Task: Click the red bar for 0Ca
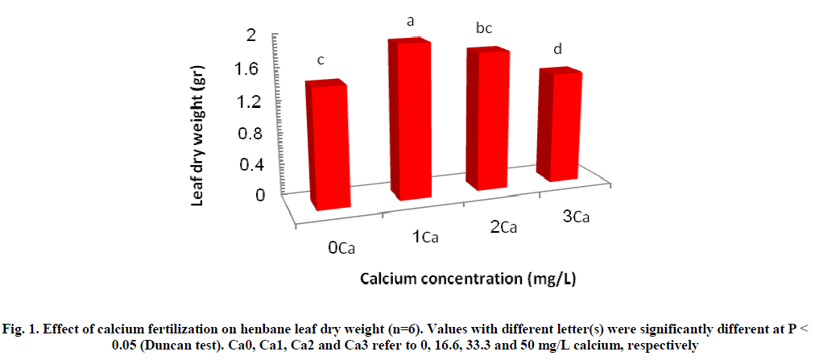329,145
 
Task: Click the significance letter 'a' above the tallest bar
410,22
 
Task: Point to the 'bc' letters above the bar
483,29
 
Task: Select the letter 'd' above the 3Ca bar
557,50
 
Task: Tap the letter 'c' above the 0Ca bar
321,60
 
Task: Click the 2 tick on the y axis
251,35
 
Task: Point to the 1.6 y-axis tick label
246,68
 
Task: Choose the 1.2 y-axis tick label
246,101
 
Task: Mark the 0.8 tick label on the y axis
246,133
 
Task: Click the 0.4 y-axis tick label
246,165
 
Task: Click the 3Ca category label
576,217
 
